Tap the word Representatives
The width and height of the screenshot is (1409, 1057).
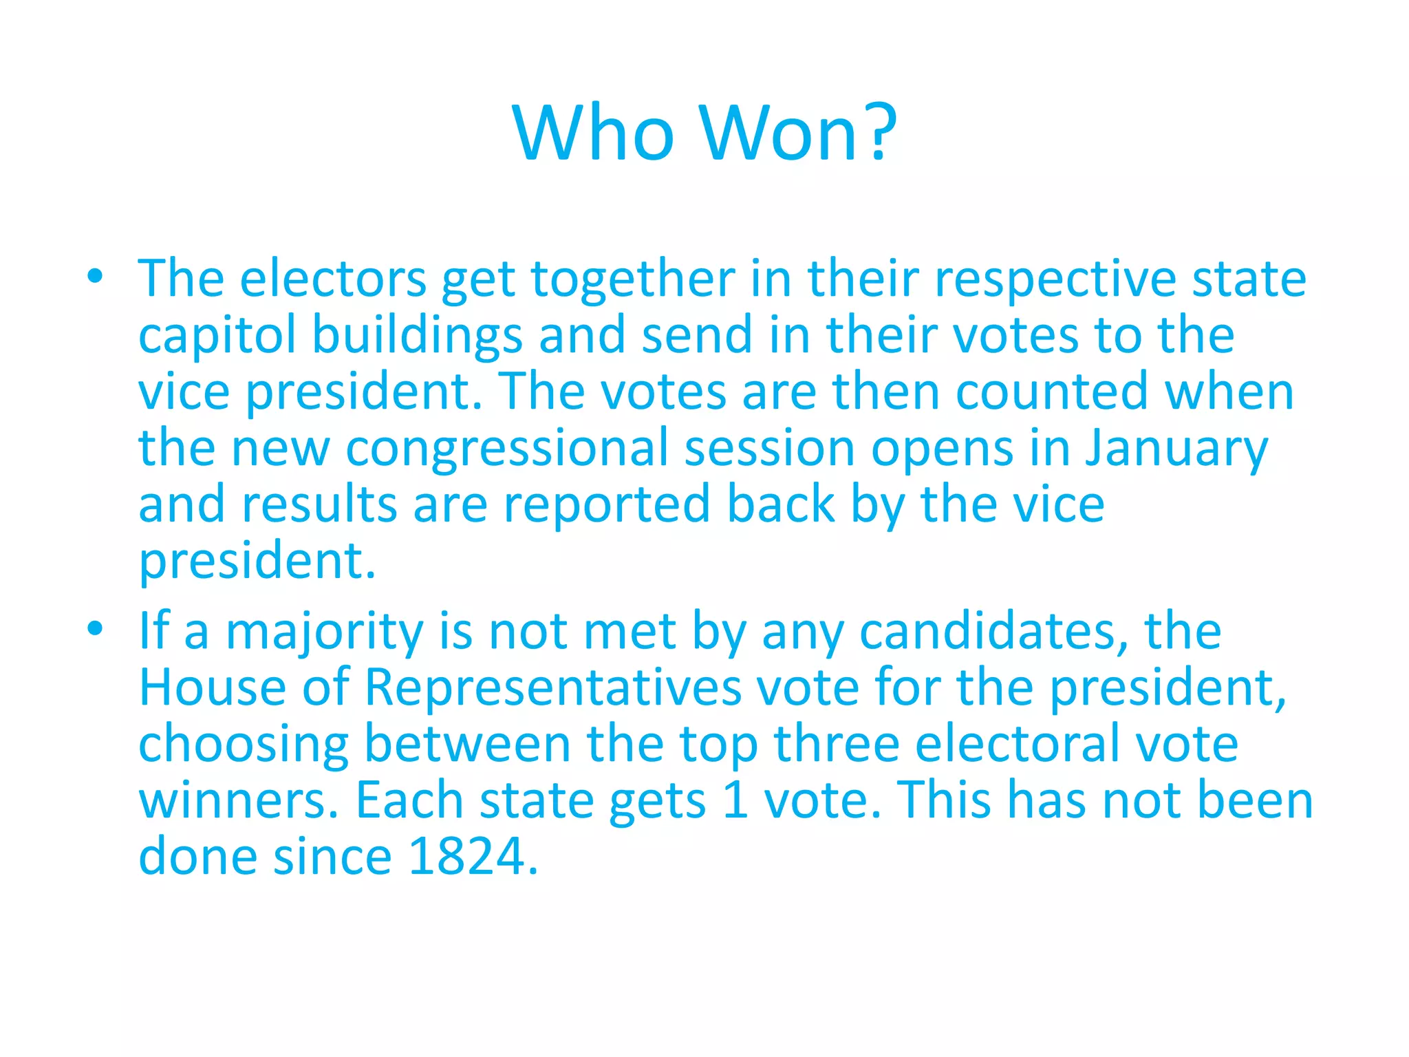point(552,687)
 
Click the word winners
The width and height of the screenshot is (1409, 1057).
point(234,800)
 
